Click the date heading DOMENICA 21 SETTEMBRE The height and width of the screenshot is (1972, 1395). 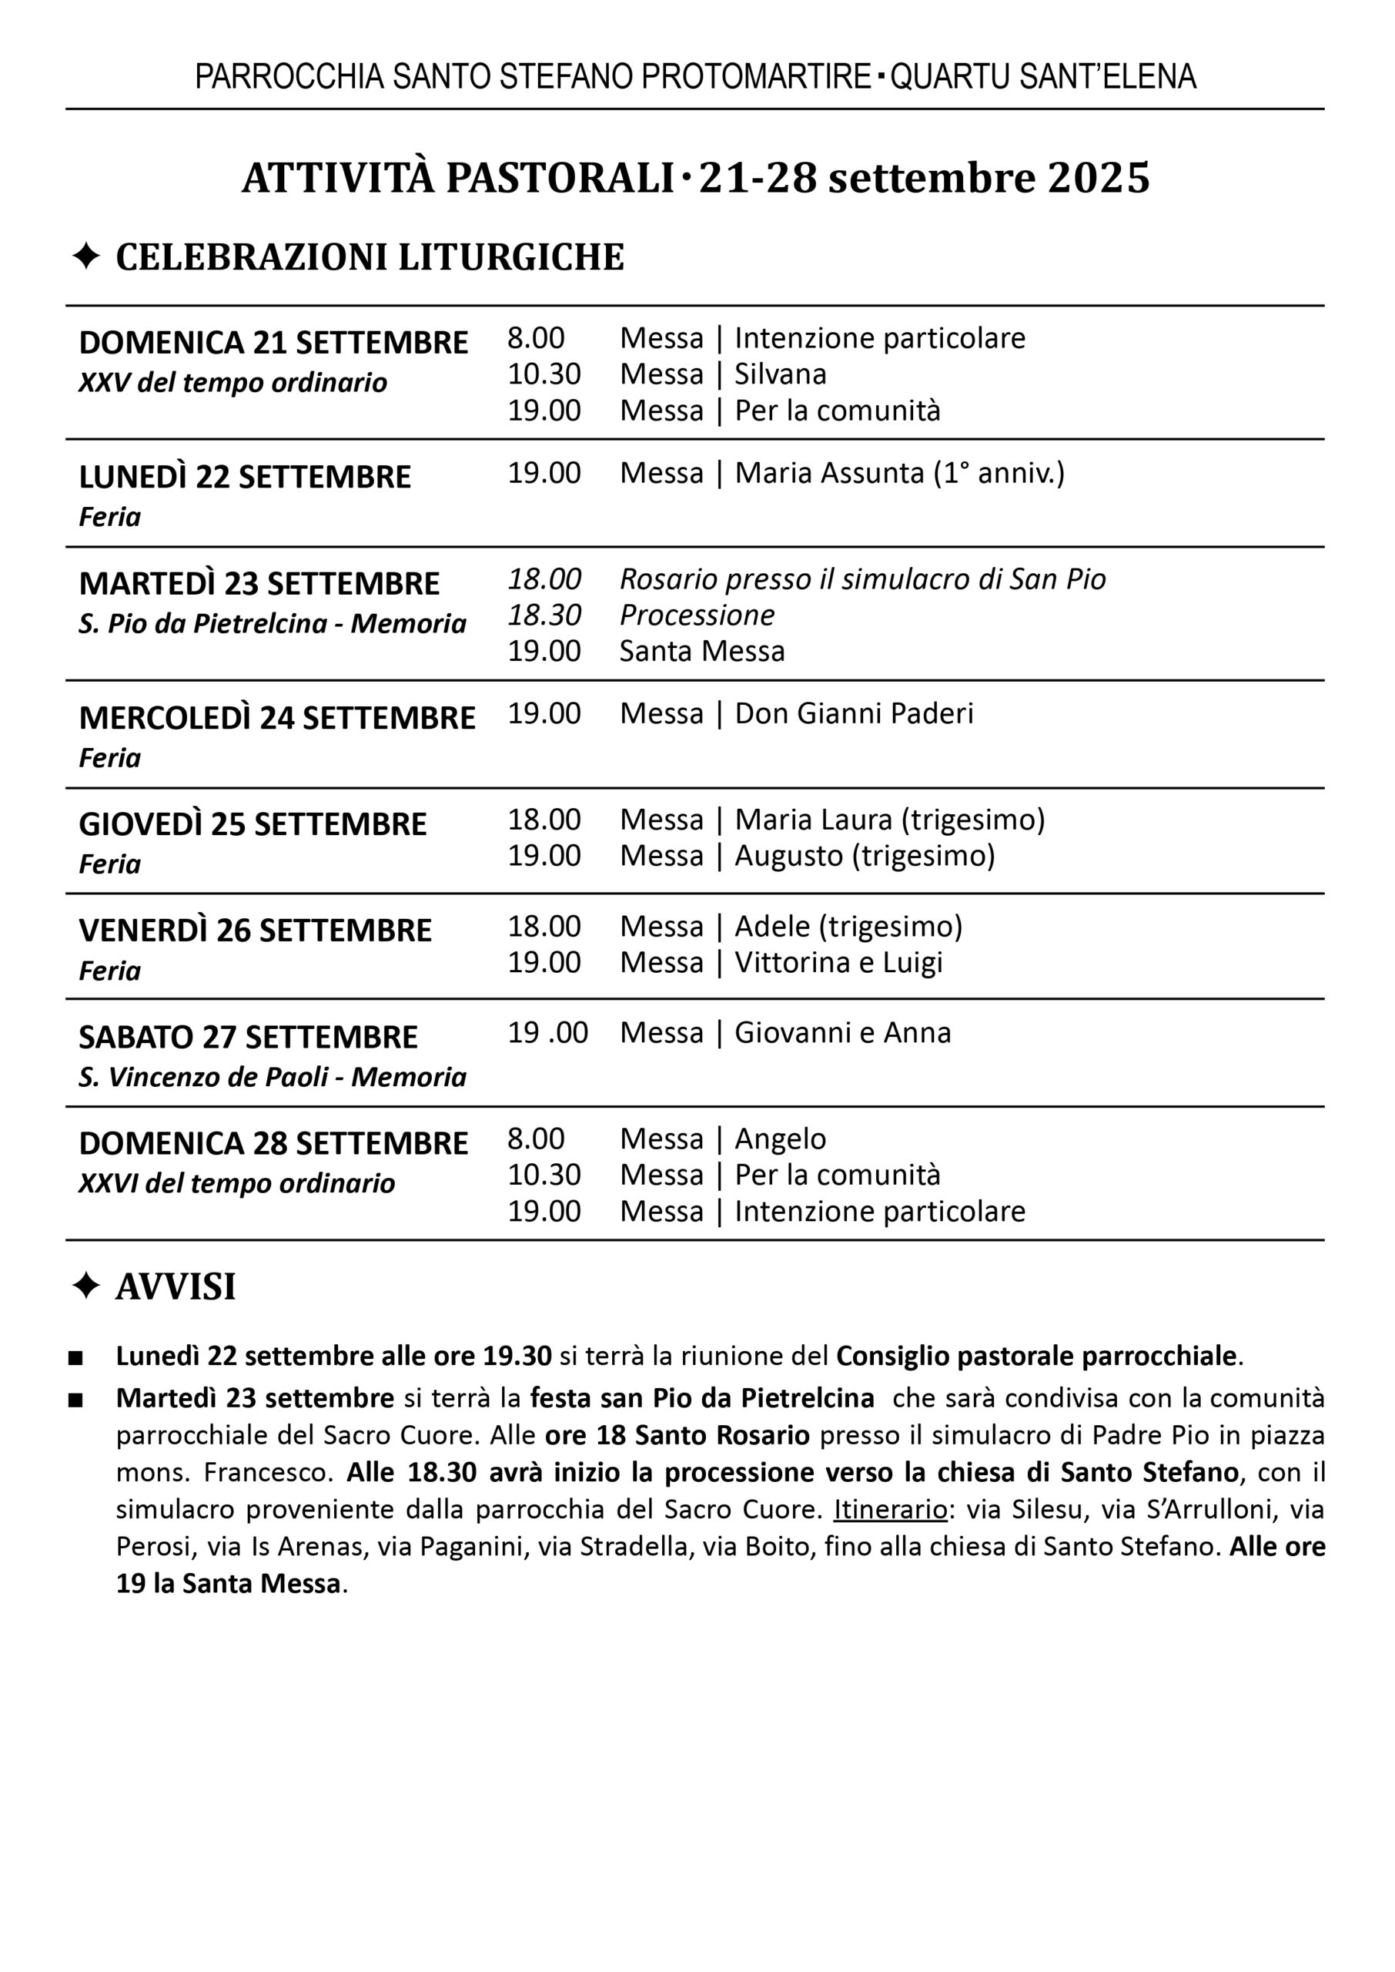273,343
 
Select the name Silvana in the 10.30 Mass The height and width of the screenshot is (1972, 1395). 780,374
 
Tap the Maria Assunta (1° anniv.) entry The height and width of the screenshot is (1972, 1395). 899,474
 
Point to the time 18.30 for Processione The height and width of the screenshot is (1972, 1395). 544,615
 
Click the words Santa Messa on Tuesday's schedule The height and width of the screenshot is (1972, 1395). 702,652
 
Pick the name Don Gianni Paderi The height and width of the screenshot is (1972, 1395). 854,713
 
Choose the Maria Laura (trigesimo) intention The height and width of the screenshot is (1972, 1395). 889,820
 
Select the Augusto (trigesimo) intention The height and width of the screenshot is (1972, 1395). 864,856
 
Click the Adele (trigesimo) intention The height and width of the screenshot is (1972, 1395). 848,926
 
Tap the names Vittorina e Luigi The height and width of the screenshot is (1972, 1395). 838,962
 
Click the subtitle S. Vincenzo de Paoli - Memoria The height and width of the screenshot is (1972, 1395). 273,1078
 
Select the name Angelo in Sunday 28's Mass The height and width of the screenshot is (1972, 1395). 780,1139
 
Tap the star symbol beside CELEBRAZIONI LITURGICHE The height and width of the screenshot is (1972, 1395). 86,257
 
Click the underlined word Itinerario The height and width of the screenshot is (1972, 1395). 890,1510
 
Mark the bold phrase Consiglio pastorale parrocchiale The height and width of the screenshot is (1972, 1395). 1036,1356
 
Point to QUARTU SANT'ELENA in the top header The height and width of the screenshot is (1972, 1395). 1043,77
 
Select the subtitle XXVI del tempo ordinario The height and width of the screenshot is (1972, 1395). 236,1184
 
